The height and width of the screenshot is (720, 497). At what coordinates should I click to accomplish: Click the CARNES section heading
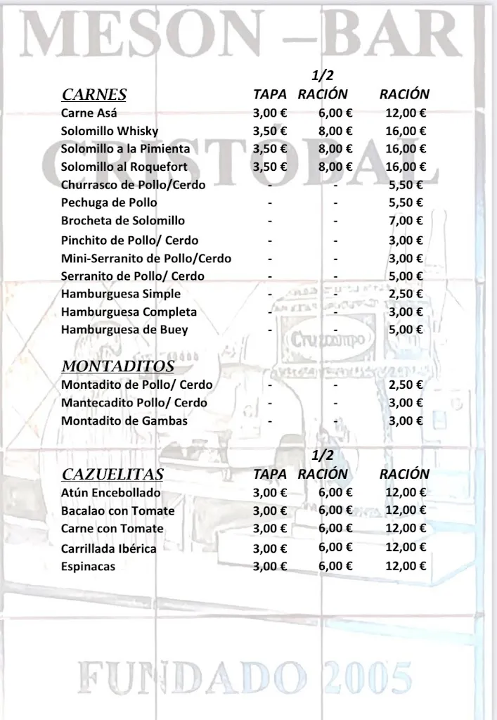point(93,95)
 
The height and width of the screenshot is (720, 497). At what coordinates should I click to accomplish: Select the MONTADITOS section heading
point(117,366)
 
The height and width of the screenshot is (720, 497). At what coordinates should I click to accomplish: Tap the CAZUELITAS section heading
point(112,474)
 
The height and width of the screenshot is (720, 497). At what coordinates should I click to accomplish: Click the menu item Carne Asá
point(89,112)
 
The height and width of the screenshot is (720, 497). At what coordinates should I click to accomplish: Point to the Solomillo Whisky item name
point(110,131)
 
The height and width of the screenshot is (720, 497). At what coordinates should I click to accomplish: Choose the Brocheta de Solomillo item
point(123,221)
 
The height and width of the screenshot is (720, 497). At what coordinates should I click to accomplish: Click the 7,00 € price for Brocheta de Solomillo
point(406,221)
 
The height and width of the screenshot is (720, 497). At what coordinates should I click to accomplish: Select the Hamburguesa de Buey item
point(124,329)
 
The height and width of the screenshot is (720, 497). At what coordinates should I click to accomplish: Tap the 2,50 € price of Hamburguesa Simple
point(406,293)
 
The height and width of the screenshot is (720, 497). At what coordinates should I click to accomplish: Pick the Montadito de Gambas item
point(124,420)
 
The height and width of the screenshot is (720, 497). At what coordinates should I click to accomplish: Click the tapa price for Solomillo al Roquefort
point(270,167)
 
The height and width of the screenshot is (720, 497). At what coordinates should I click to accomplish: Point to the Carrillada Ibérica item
point(108,548)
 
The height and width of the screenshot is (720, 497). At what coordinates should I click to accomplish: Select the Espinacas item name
point(88,566)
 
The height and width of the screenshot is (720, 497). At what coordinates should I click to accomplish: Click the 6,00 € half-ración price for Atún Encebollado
point(335,493)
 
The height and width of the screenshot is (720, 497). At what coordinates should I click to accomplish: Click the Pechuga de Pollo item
point(109,202)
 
